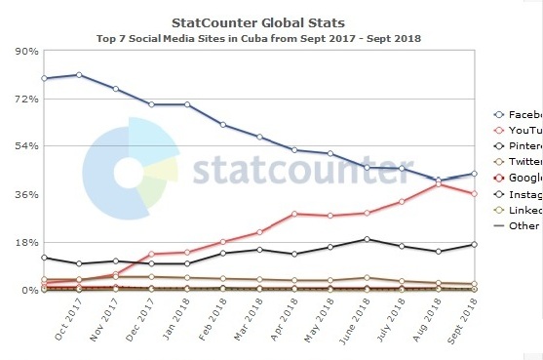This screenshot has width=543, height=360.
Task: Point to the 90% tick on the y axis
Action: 25,52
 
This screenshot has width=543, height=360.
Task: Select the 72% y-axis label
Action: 25,100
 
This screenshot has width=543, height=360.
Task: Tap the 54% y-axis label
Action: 25,146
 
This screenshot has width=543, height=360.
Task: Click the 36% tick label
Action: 25,194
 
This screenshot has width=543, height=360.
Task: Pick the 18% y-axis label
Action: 25,242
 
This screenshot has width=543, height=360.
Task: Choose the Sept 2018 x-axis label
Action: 469,322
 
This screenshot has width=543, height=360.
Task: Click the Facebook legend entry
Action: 518,114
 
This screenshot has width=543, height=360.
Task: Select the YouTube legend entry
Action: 518,130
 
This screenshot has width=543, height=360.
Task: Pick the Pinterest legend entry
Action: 518,146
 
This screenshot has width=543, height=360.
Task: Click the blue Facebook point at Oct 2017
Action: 79,74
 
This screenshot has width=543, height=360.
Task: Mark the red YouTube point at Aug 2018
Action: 439,183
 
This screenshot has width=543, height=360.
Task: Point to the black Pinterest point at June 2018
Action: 367,239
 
